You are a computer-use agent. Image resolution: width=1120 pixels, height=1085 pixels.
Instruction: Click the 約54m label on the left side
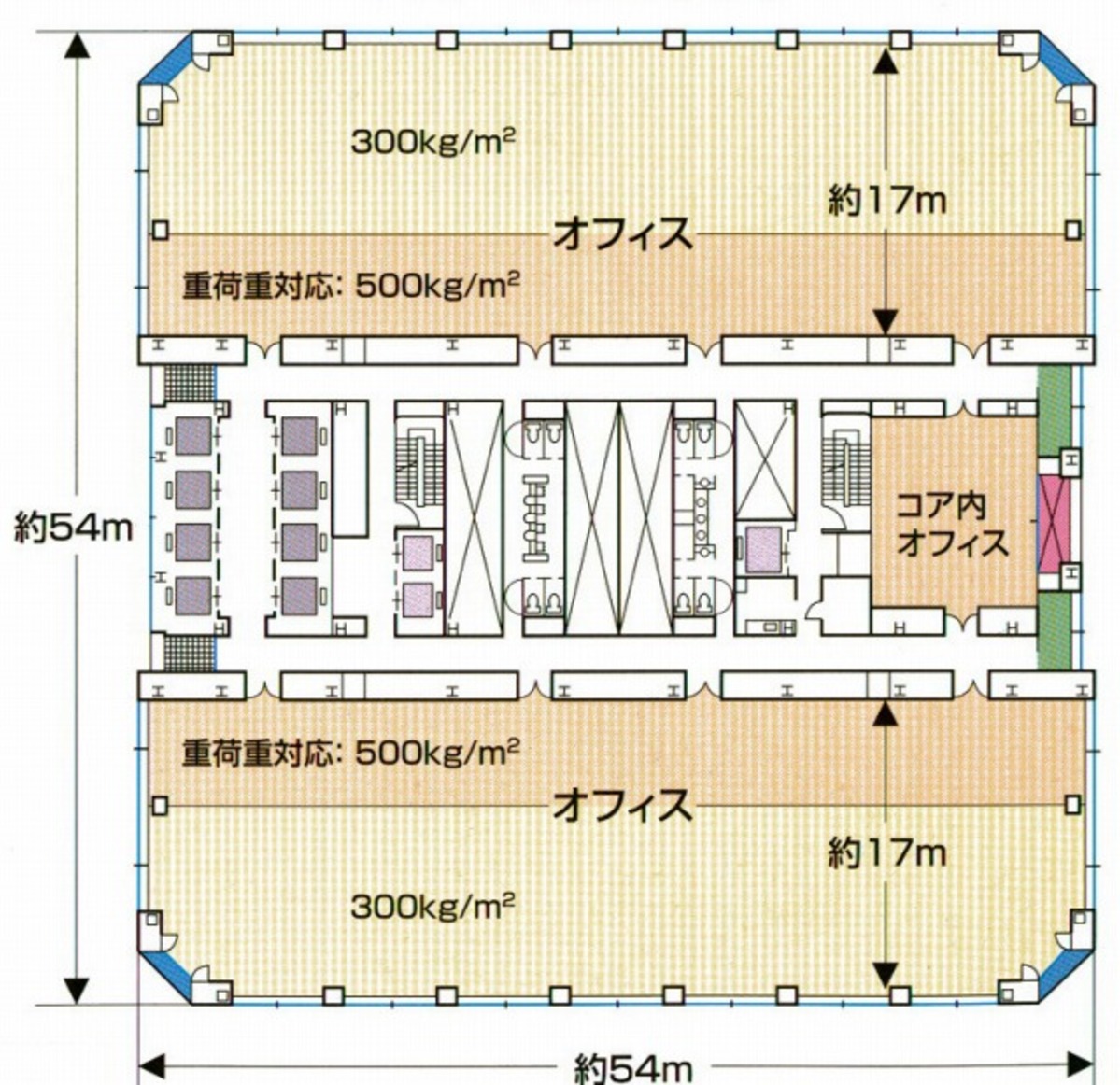click(74, 528)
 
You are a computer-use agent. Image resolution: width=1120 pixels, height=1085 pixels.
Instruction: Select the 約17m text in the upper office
click(886, 200)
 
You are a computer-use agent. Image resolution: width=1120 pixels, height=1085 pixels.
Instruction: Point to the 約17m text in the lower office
click(886, 852)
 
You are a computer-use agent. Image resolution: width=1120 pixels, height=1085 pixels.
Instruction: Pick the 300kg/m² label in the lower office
click(433, 905)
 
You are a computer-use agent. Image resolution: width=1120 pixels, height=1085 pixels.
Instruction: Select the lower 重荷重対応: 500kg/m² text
click(350, 752)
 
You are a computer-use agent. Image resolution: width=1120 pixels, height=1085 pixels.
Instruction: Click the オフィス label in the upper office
click(623, 233)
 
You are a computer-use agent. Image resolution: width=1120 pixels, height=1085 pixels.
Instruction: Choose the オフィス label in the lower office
click(623, 805)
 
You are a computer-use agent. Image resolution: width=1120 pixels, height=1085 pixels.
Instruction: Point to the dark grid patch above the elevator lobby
click(190, 383)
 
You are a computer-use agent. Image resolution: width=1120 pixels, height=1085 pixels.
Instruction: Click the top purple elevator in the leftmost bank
click(193, 434)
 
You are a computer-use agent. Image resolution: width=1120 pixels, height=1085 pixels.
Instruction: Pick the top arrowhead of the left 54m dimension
click(77, 47)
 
